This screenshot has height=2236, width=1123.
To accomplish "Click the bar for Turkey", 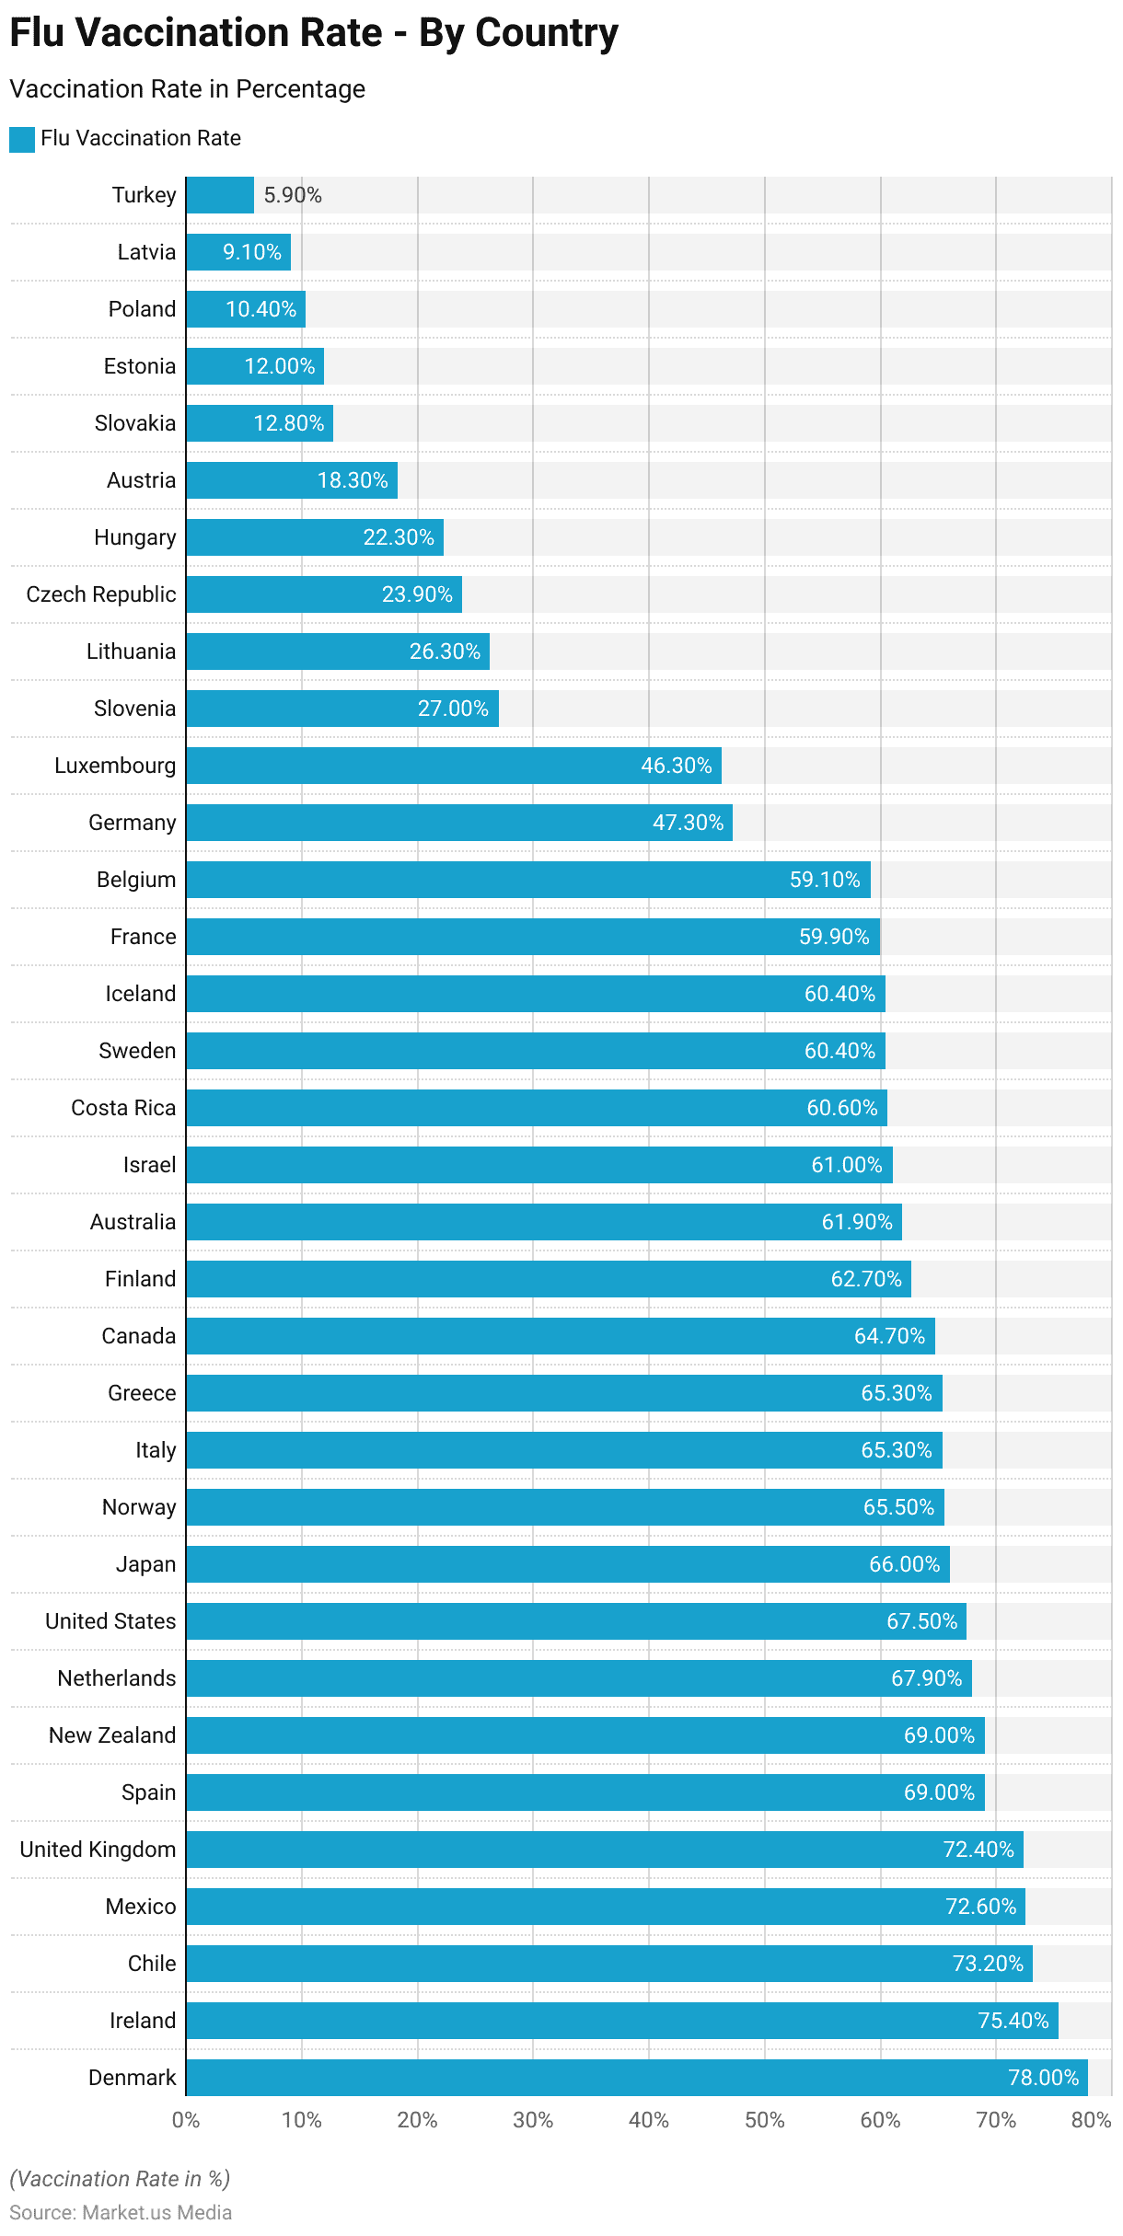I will [x=220, y=195].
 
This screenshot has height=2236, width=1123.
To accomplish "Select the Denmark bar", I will [x=635, y=2077].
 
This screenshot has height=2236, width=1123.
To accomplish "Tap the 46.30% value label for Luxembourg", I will [x=677, y=766].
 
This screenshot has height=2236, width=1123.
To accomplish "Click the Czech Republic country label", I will [x=101, y=594].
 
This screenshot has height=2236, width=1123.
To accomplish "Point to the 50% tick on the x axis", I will [x=764, y=2120].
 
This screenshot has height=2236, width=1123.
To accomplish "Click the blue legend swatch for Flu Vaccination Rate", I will [x=22, y=139].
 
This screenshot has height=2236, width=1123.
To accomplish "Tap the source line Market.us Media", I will [x=121, y=2212].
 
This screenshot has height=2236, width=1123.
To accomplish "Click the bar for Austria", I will [x=292, y=480].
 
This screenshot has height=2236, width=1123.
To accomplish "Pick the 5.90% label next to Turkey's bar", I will [x=293, y=195].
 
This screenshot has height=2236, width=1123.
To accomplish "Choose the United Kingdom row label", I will [x=98, y=1850].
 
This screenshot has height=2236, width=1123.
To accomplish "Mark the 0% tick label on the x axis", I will [x=186, y=2120].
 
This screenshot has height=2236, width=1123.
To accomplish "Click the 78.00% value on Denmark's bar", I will [x=1043, y=2078].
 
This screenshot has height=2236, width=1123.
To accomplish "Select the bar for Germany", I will [x=458, y=823].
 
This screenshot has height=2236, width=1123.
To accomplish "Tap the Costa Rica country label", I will [x=123, y=1108].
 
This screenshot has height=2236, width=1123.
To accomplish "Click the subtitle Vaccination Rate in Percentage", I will [x=187, y=89].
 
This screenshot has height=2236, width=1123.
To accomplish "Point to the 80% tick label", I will [x=1092, y=2120].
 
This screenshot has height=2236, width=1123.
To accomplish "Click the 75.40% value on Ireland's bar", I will [x=1013, y=2021].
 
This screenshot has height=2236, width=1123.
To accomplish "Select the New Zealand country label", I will [x=112, y=1735].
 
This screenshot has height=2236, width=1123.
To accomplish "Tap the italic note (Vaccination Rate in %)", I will [x=120, y=2178].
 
